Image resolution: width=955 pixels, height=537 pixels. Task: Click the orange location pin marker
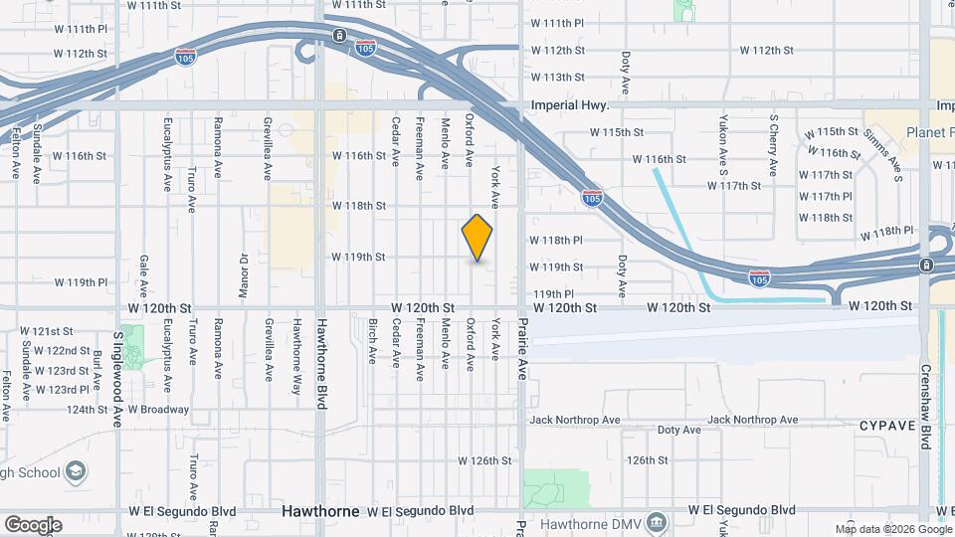coord(477,238)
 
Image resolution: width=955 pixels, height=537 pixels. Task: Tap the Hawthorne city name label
coord(319,511)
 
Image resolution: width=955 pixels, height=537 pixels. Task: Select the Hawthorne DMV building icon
coord(656,522)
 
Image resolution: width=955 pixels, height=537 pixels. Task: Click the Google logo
coord(33,525)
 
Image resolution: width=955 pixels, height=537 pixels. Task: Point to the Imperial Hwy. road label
coord(569,104)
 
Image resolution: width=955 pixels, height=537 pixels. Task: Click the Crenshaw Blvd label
coord(925,405)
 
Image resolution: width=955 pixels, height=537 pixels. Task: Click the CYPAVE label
coord(886,426)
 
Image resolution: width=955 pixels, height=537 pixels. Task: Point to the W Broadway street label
coord(157,409)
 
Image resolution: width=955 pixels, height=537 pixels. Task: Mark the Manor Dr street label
coord(243,269)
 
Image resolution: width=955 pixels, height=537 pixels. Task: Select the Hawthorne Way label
coord(295,351)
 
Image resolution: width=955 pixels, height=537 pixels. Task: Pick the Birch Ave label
coord(372,341)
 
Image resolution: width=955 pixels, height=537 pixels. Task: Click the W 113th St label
coord(557,77)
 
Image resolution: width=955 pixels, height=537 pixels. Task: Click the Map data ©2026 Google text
coord(892,529)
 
